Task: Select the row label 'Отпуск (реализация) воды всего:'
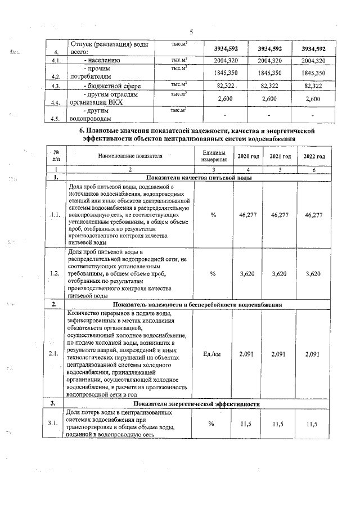click(103, 48)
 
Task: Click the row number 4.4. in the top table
click(55, 103)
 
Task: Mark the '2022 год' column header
click(314, 156)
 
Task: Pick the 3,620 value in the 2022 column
click(314, 274)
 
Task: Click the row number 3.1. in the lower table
click(55, 424)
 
